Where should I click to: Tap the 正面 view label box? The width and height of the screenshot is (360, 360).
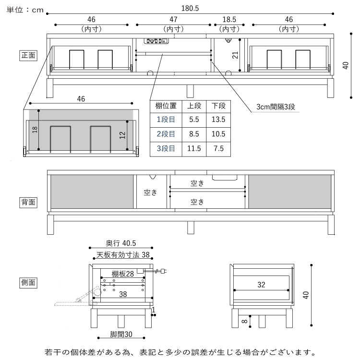[28, 55]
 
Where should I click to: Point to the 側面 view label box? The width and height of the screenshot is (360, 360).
[28, 282]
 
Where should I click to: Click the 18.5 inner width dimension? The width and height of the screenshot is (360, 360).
[228, 20]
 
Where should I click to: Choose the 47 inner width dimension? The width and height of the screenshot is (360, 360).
[173, 20]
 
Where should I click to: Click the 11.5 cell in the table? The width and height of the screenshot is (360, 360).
[194, 148]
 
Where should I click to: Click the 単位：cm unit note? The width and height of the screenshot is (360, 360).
[25, 9]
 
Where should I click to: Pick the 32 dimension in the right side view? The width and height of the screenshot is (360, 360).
[261, 285]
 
